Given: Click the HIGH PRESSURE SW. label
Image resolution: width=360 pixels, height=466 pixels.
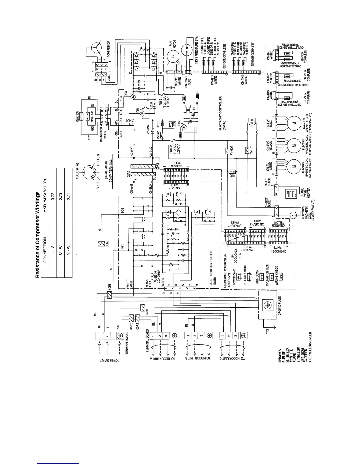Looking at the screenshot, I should pyautogui.click(x=196, y=50).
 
